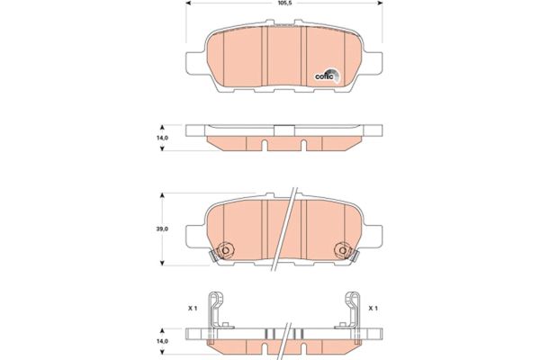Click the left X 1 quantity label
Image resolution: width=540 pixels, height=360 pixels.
pos(191,308)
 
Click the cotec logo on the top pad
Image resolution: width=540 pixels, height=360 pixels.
pos(325,76)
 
